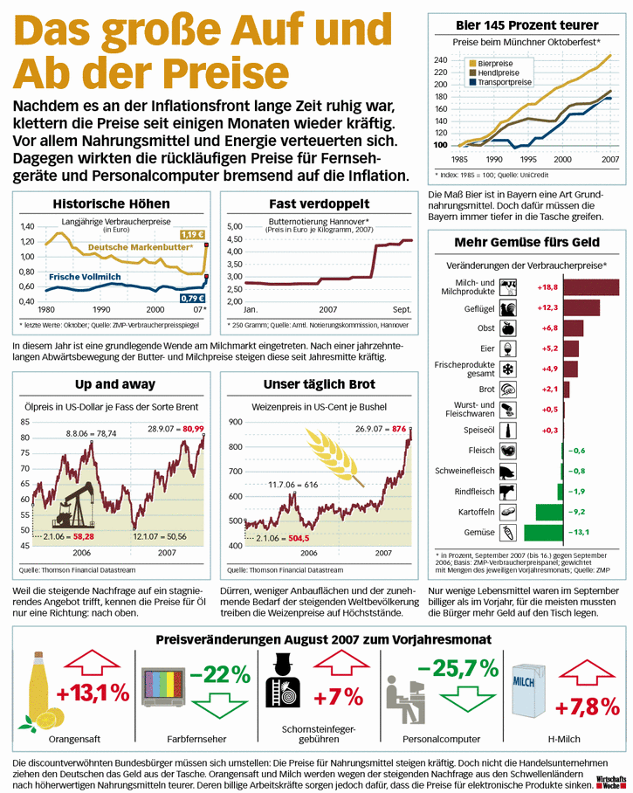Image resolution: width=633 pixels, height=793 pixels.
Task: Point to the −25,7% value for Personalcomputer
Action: [x=458, y=669]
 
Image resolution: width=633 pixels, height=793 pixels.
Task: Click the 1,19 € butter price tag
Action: [x=191, y=234]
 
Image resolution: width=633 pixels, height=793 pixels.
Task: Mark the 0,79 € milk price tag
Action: [x=192, y=298]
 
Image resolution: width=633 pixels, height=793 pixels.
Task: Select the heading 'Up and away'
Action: [x=115, y=383]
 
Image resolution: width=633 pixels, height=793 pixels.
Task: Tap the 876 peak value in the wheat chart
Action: [x=400, y=428]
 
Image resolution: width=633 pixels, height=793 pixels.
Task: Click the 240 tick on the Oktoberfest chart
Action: [x=440, y=59]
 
